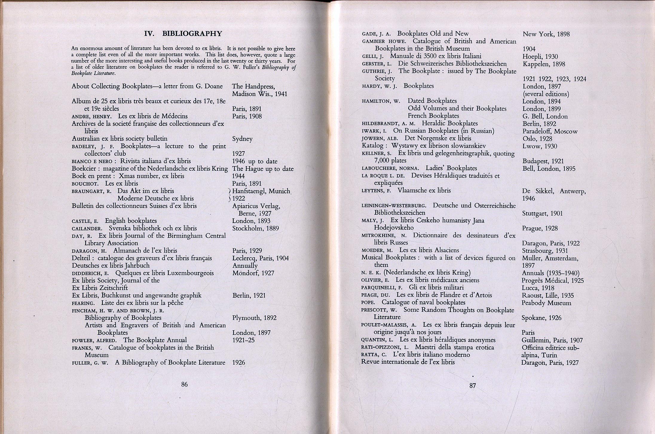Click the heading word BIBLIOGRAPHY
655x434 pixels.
tap(192, 33)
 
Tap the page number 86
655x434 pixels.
tap(184, 384)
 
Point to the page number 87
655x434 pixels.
tap(472, 386)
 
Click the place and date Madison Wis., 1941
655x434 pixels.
tap(259, 94)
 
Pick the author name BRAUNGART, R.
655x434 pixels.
tap(91, 191)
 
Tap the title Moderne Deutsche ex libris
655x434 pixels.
tap(155, 198)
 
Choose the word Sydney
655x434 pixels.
tap(242, 139)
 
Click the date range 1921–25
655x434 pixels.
tap(243, 340)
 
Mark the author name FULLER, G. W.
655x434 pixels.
tap(90, 363)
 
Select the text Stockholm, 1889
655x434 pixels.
tap(255, 228)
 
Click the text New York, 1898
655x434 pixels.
tap(546, 34)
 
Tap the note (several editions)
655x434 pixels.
tap(546, 94)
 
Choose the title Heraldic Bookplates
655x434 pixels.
tap(450, 123)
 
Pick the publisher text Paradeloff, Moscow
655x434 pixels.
tap(550, 131)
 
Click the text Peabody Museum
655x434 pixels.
tap(546, 303)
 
